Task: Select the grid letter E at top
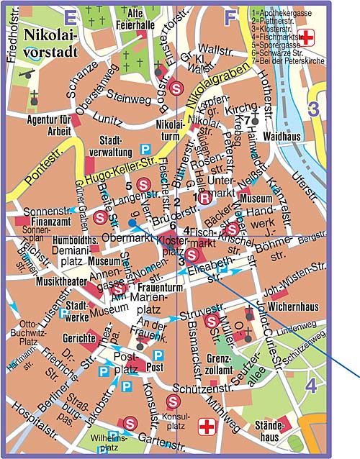click(x=70, y=14)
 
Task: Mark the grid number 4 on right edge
click(x=311, y=386)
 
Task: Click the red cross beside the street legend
click(x=309, y=37)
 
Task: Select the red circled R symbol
click(x=204, y=198)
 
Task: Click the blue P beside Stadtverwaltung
click(x=144, y=149)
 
